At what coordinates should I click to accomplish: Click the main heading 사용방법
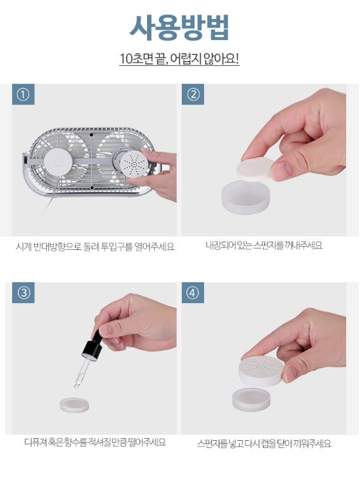(179, 28)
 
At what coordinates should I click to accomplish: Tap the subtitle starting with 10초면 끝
(179, 58)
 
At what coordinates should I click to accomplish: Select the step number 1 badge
(23, 94)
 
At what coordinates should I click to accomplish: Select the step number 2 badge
(193, 94)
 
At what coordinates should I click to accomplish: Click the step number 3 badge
(23, 293)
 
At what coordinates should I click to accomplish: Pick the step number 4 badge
(193, 293)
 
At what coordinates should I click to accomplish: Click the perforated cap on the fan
(132, 163)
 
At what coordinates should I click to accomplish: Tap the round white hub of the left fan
(58, 162)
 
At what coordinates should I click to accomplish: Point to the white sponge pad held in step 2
(255, 169)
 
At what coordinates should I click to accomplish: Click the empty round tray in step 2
(245, 197)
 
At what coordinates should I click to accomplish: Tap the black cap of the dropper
(93, 346)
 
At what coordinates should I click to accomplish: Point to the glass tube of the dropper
(81, 373)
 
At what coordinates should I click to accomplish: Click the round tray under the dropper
(74, 405)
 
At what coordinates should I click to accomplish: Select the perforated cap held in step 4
(261, 371)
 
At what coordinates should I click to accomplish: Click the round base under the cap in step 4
(250, 400)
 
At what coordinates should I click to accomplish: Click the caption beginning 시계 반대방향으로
(95, 247)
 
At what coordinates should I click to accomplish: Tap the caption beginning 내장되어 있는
(264, 245)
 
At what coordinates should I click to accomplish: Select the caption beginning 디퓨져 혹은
(95, 442)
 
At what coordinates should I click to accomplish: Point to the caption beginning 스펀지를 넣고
(264, 443)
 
